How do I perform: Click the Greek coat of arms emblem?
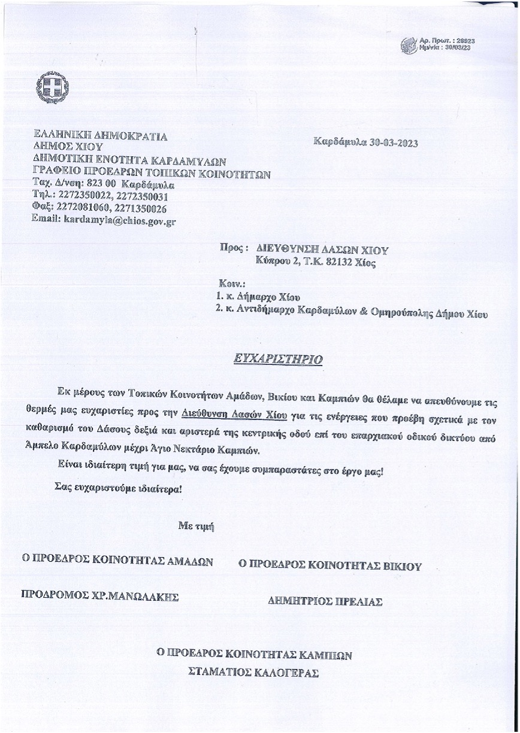[x=52, y=87]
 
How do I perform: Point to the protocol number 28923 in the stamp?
[x=465, y=40]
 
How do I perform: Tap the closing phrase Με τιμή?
[x=196, y=526]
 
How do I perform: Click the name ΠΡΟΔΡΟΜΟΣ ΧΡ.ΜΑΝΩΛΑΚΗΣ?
[x=99, y=595]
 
